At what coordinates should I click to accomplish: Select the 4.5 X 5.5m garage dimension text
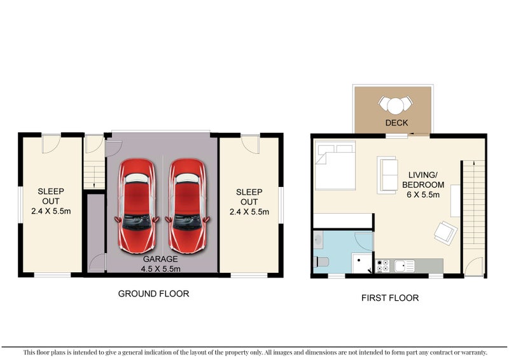tap(162, 269)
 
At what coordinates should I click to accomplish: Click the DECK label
tap(396, 123)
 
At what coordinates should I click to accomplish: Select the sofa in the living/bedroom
tap(387, 174)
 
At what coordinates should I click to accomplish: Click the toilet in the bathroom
tap(321, 261)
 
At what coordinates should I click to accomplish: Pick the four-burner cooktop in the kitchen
tap(384, 266)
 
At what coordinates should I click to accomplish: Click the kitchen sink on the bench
tap(402, 266)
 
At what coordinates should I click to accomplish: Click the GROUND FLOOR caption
tap(153, 294)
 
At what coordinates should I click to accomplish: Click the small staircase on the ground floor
tap(94, 174)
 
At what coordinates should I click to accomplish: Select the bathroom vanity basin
tap(318, 240)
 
